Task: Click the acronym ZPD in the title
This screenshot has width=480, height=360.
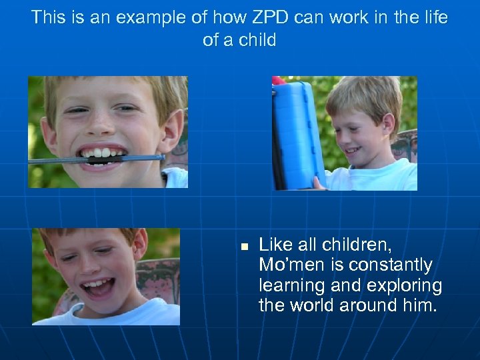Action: point(235,17)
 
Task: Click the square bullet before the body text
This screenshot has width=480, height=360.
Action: point(244,247)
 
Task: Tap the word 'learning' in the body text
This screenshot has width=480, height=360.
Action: point(291,286)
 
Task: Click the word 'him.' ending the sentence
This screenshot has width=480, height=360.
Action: point(419,306)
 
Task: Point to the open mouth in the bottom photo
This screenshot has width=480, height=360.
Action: point(97,288)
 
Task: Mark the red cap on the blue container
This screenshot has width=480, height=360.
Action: point(278,81)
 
